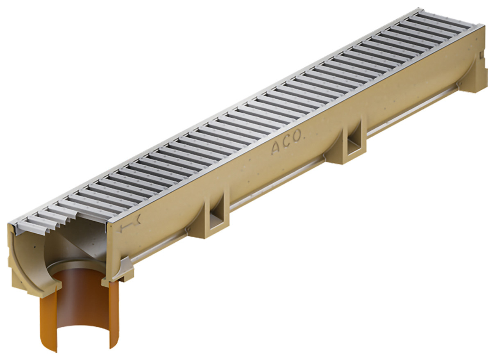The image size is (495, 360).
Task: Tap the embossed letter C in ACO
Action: (x=287, y=143)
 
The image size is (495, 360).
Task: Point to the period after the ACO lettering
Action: (x=303, y=139)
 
